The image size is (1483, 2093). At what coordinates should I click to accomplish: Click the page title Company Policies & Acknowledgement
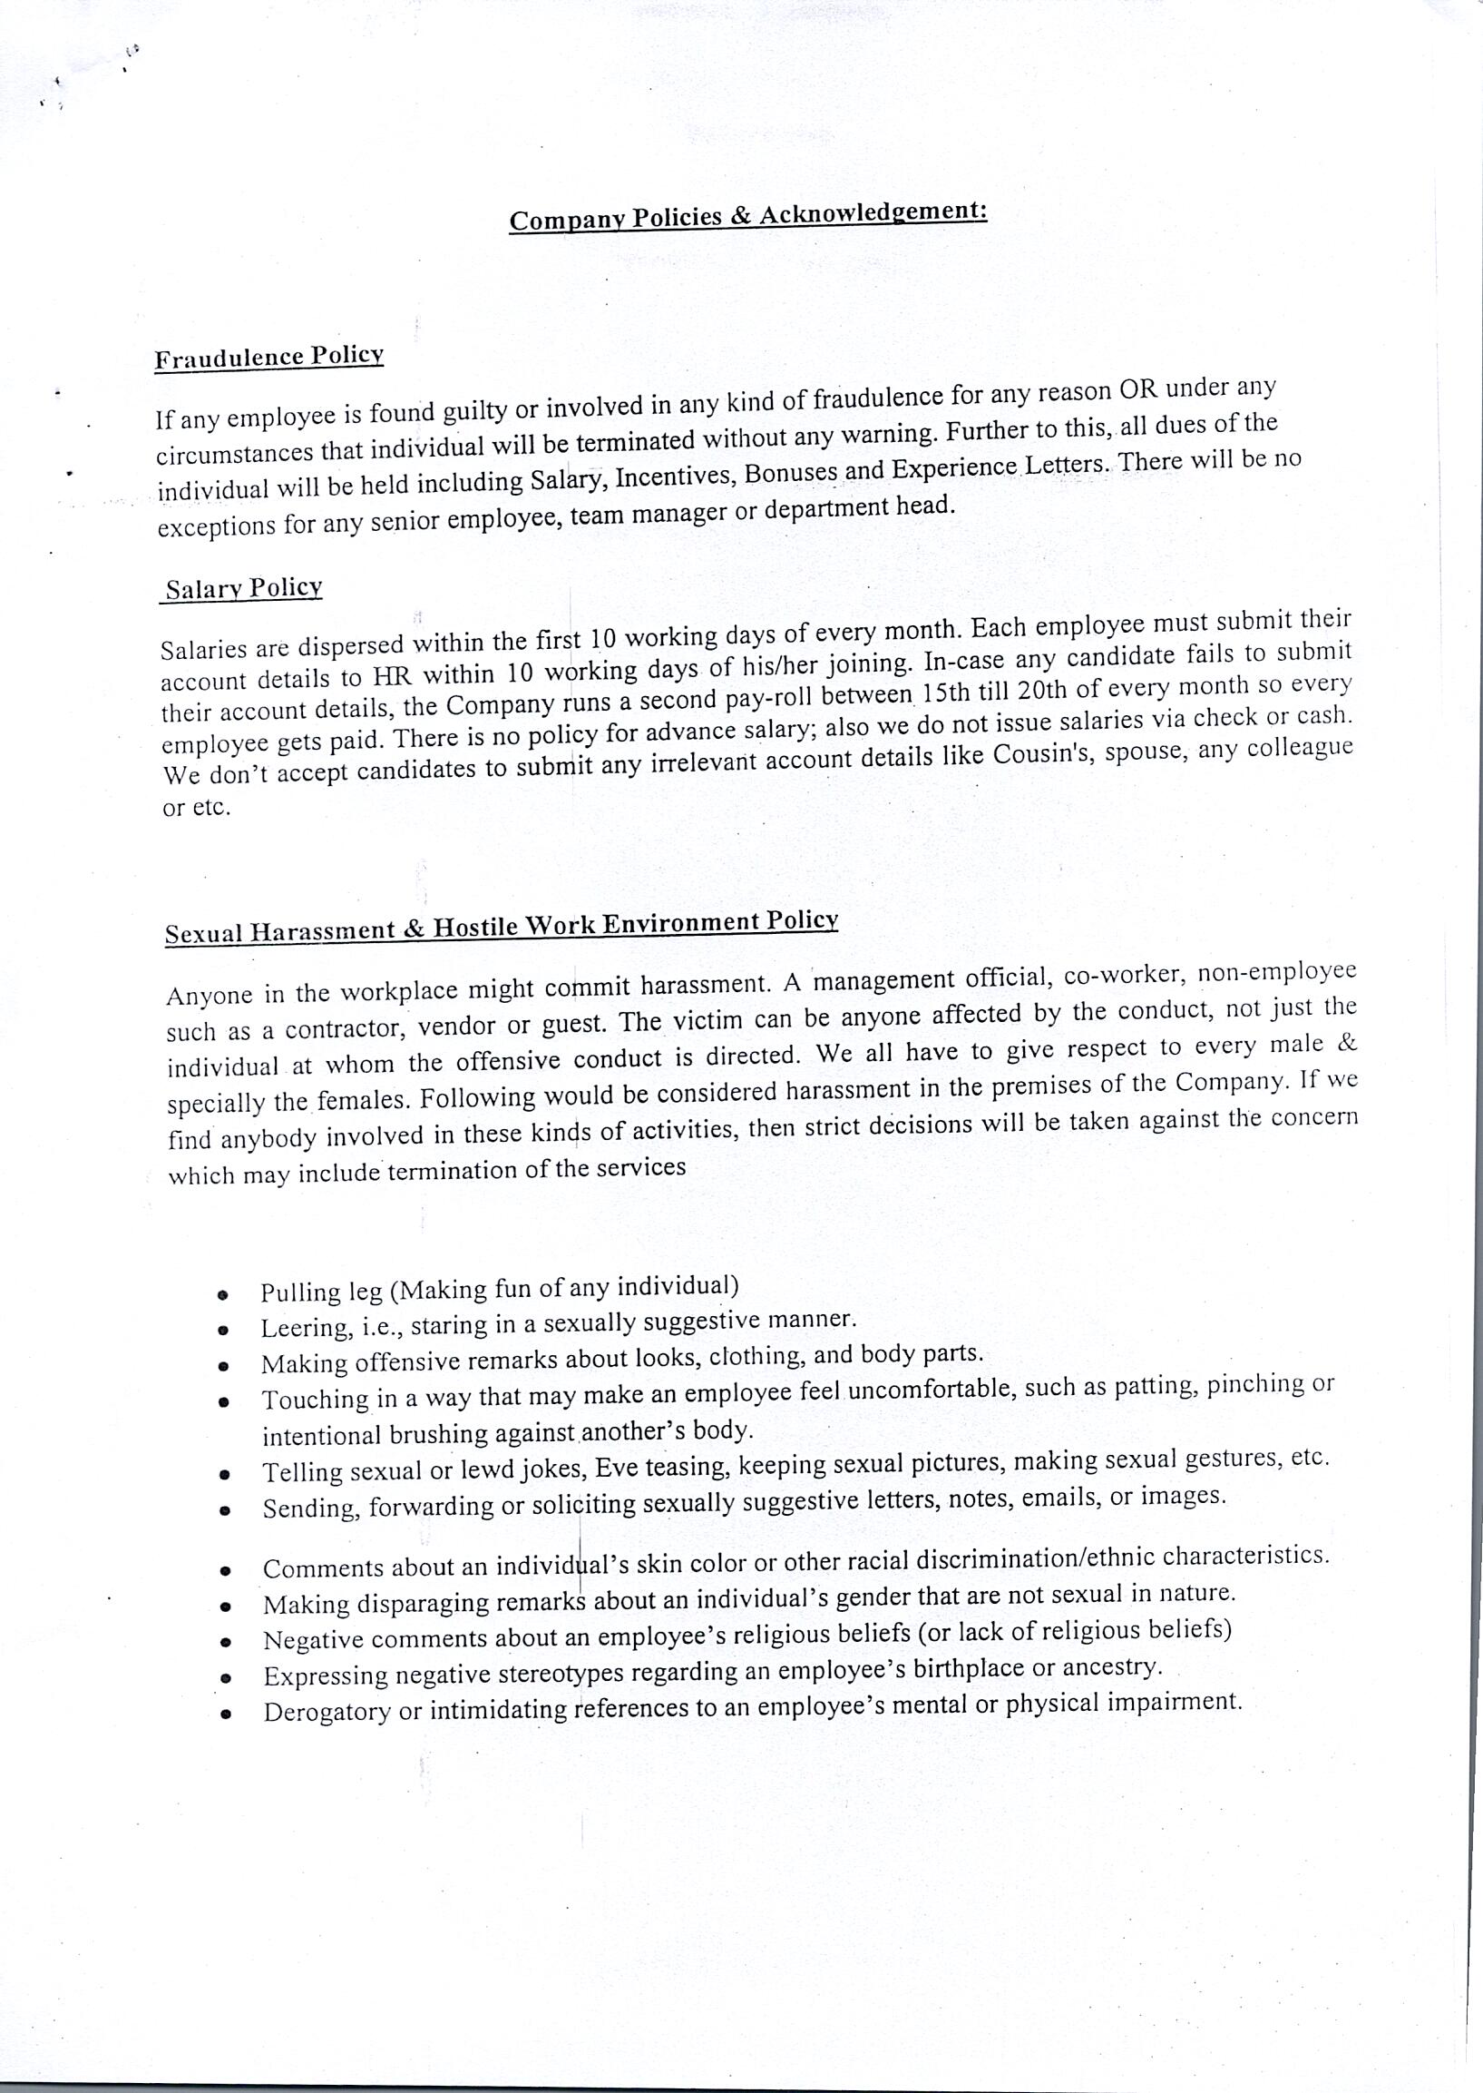748,216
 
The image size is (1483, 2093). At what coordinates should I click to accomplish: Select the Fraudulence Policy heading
268,358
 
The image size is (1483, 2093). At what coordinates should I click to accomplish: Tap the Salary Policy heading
244,588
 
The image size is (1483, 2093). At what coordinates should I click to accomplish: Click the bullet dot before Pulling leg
222,1294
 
